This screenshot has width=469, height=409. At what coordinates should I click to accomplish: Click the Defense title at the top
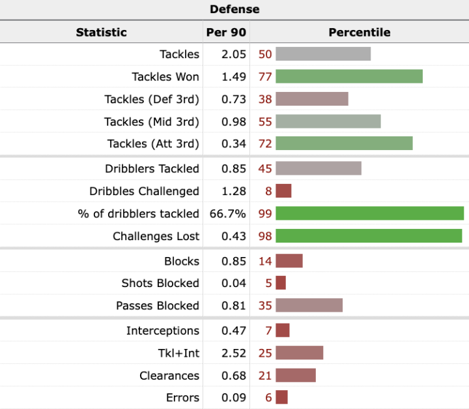[x=234, y=9]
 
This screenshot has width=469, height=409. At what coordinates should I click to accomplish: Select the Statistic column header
[x=101, y=32]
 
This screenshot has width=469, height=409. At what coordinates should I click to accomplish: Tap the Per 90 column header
[x=225, y=32]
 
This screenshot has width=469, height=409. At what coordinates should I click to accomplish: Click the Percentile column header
[x=359, y=32]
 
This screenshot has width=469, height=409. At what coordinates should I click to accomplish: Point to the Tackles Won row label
[x=165, y=77]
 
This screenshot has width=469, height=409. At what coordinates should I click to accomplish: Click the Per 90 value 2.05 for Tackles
[x=234, y=54]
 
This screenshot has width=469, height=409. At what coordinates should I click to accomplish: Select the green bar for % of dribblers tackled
[x=369, y=213]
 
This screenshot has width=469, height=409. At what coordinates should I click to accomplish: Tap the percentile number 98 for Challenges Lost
[x=264, y=236]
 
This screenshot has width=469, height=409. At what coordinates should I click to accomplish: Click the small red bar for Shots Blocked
[x=281, y=283]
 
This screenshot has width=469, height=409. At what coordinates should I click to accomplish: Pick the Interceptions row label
[x=163, y=331]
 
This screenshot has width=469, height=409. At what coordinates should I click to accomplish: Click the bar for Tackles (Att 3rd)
[x=344, y=144]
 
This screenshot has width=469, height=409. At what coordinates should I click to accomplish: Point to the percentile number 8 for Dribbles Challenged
[x=268, y=191]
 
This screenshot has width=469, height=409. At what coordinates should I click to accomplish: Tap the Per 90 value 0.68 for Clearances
[x=234, y=376]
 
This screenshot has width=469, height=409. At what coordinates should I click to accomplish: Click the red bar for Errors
[x=281, y=398]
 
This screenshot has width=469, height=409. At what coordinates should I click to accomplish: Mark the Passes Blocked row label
[x=158, y=305]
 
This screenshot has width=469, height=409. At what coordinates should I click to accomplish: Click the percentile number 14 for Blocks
[x=264, y=261]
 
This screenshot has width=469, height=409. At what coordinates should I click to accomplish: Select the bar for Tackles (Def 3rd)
[x=312, y=99]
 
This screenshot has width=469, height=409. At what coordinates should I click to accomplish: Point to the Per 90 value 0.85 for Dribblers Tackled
[x=234, y=168]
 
